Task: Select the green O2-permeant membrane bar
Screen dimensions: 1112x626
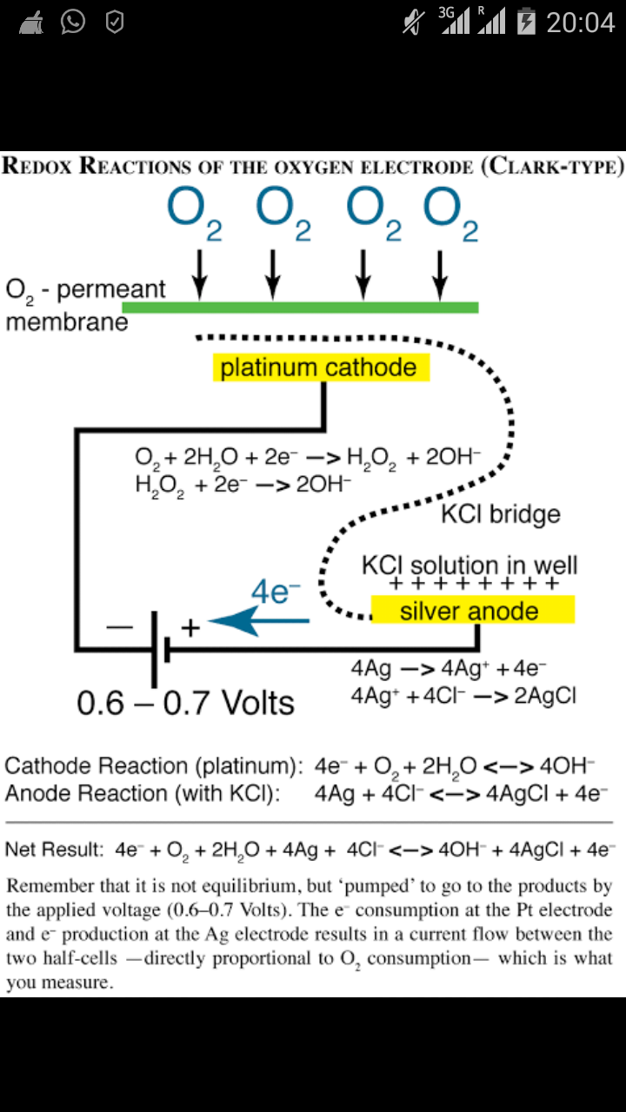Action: pyautogui.click(x=300, y=307)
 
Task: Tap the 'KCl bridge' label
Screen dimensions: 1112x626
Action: pyautogui.click(x=500, y=513)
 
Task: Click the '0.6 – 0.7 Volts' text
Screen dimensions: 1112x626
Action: pyautogui.click(x=186, y=702)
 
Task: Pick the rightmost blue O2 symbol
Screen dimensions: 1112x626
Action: pyautogui.click(x=451, y=213)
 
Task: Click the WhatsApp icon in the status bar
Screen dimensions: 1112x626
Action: pyautogui.click(x=73, y=22)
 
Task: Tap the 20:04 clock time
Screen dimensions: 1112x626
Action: pyautogui.click(x=580, y=22)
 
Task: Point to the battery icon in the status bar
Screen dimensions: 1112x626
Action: pyautogui.click(x=526, y=22)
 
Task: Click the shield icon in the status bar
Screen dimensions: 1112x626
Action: pyautogui.click(x=114, y=22)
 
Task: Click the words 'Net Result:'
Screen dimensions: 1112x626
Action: pyautogui.click(x=54, y=849)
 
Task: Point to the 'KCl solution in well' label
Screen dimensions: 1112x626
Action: pyautogui.click(x=469, y=566)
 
